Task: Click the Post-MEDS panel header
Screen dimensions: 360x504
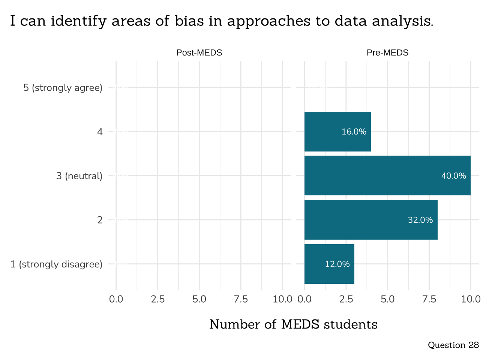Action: coord(199,53)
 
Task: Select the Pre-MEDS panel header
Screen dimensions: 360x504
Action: coord(387,53)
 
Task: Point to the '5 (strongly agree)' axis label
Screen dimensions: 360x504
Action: coord(63,88)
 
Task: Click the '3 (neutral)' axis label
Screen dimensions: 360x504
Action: coord(79,176)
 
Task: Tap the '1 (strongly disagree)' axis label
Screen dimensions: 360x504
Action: coord(56,264)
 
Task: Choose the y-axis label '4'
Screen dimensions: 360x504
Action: coord(100,132)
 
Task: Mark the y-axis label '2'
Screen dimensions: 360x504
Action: coord(100,220)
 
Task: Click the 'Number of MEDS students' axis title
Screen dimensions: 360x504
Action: coord(293,324)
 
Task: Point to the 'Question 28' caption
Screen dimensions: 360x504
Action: coord(453,345)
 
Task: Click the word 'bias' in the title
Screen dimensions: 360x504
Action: coord(189,21)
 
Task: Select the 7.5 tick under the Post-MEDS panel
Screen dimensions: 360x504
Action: coord(241,299)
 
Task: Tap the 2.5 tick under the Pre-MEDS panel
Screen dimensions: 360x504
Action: coord(346,299)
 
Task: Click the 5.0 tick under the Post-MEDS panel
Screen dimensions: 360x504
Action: coord(199,299)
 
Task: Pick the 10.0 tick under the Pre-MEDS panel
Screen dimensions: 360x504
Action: coord(471,299)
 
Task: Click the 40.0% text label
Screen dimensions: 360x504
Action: coord(453,176)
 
